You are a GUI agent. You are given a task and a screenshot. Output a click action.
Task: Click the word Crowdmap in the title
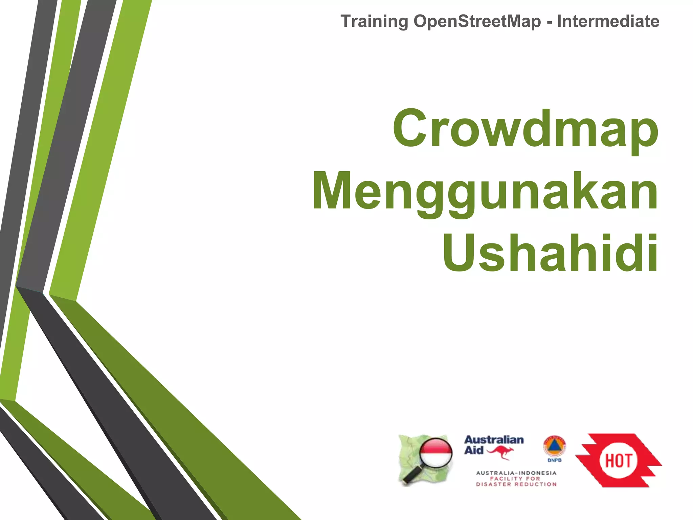click(526, 129)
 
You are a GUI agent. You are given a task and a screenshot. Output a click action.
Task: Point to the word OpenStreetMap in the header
click(477, 21)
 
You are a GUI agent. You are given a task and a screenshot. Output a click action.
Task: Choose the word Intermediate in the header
click(608, 21)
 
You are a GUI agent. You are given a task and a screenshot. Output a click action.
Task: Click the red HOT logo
click(619, 460)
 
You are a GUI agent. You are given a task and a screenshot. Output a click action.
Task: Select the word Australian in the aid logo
click(494, 440)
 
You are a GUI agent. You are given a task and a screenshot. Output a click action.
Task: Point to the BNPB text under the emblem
click(554, 460)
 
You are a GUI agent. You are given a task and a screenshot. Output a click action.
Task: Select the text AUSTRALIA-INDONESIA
click(516, 473)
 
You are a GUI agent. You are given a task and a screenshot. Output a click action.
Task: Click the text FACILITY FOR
click(515, 479)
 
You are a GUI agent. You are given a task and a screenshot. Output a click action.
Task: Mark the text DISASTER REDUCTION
click(516, 484)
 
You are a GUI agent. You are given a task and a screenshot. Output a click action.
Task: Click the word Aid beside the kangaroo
click(474, 450)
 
